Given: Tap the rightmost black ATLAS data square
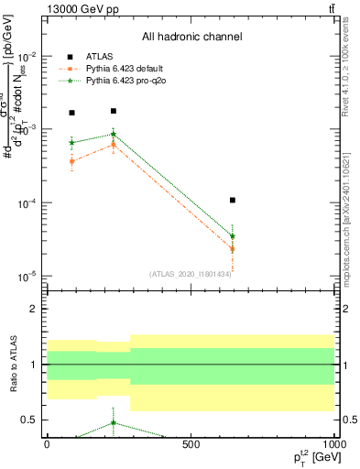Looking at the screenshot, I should click(233, 200).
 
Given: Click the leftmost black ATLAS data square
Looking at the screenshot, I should click(71, 113).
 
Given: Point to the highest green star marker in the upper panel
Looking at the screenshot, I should click(113, 134).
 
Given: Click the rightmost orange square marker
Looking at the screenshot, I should click(233, 249).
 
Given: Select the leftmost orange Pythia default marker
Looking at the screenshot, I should click(71, 161).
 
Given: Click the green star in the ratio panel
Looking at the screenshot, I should click(113, 423).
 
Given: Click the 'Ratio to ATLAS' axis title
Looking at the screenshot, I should click(13, 365).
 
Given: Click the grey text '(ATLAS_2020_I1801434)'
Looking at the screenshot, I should click(191, 274).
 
